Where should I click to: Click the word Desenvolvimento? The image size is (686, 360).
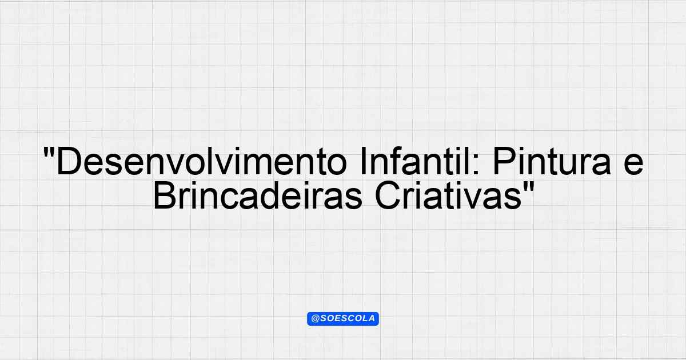pos(201,161)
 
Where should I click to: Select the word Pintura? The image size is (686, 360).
pos(552,161)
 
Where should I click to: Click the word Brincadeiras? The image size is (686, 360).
pos(258,195)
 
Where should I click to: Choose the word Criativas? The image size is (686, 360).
pos(448,195)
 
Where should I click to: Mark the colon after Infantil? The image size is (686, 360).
pos(476,166)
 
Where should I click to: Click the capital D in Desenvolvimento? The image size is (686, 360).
pos(69,162)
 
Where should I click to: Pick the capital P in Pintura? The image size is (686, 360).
pos(504,162)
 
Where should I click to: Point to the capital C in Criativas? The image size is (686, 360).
pos(388,195)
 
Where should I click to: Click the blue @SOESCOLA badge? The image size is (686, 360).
pos(343,319)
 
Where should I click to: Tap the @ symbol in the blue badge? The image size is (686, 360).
pos(315,319)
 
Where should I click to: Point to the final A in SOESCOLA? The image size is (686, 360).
pos(371,318)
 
